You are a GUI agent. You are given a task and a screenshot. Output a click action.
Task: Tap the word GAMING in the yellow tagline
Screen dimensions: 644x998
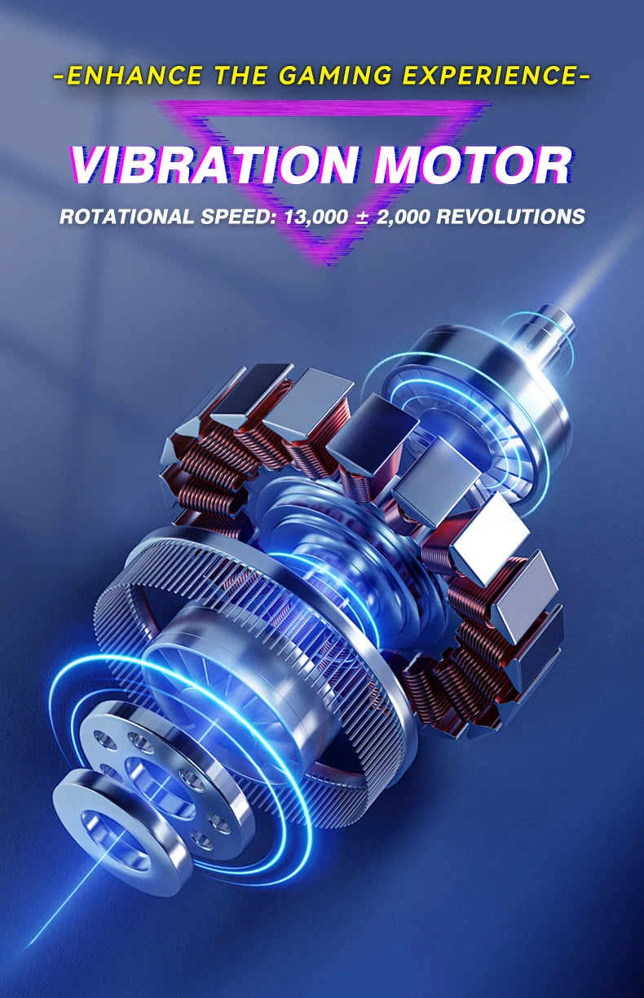click(x=337, y=75)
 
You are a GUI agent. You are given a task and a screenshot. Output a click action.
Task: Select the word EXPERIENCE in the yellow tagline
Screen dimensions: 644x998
click(x=489, y=75)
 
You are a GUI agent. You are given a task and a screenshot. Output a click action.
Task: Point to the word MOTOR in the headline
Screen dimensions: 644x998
click(x=474, y=165)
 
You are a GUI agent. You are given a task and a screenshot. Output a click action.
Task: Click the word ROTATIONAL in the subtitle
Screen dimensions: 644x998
click(x=126, y=217)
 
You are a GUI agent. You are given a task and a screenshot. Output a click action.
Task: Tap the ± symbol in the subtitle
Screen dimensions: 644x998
click(x=362, y=217)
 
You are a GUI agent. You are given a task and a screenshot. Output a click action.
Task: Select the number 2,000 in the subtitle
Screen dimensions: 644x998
click(x=403, y=217)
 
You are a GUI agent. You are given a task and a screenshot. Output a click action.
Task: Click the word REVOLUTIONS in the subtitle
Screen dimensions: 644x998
click(x=511, y=217)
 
